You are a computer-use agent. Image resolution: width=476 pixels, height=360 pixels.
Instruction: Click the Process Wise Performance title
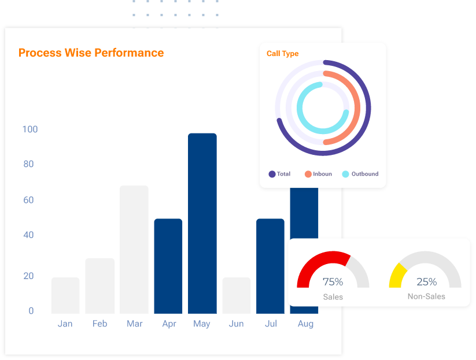91,53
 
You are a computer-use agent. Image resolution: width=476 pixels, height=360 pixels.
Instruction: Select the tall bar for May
202,223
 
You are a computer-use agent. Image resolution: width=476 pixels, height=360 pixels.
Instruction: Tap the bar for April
168,266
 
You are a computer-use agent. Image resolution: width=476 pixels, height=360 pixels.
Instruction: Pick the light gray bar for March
134,249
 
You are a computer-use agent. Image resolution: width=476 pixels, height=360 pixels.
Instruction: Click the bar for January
65,295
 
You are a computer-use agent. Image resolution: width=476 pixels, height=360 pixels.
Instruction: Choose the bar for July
270,266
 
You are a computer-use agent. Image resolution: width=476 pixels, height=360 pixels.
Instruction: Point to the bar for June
237,295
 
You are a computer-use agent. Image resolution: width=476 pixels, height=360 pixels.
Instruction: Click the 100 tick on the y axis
30,129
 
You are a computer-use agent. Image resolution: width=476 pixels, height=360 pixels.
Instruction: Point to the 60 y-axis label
28,200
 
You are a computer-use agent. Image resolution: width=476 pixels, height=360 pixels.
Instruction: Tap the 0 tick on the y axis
31,310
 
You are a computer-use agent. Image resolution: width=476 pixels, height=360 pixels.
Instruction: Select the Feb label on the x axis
99,324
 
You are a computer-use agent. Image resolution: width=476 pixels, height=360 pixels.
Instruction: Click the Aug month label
305,324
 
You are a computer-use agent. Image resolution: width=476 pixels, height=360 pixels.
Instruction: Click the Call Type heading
283,54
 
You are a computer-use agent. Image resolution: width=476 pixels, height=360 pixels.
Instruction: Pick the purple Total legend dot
272,174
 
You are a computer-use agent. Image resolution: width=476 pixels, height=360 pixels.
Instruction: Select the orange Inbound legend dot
308,174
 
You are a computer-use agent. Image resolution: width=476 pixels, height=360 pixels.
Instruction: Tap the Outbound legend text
365,174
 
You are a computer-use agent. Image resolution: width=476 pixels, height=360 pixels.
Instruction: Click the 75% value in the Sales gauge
333,282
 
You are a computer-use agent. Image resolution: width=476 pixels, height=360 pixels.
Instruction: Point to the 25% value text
426,282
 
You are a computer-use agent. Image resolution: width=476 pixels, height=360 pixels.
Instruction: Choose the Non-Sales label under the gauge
426,296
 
